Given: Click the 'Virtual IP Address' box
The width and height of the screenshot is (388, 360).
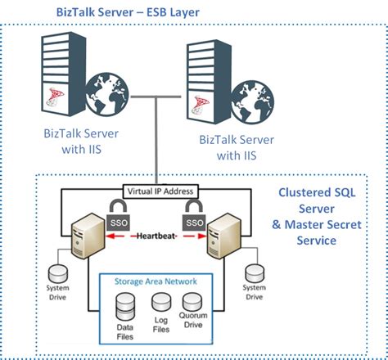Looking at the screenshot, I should click(160, 191).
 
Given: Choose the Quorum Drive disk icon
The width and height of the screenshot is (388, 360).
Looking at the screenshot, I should click(193, 303).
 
